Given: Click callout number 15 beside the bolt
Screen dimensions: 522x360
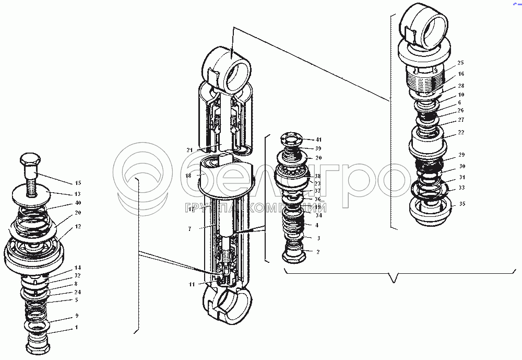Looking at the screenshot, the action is tap(78, 183).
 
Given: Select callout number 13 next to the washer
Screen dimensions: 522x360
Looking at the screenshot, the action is tap(78, 193).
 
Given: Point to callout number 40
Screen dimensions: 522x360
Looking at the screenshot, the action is tap(78, 203).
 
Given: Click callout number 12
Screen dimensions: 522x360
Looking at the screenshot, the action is tap(78, 226).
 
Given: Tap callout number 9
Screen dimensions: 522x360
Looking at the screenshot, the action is tap(77, 316).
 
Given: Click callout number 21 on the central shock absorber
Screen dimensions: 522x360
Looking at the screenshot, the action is tap(189, 150).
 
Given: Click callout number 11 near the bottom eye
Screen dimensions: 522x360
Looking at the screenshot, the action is tap(192, 284).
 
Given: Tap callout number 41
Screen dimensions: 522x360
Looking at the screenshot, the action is tap(318, 140).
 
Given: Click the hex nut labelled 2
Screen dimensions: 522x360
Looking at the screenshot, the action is tap(294, 256).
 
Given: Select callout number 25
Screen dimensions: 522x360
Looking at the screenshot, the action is tap(461, 63).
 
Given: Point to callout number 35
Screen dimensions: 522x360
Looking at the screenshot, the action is tap(461, 204).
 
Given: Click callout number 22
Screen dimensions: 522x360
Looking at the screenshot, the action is tap(461, 132).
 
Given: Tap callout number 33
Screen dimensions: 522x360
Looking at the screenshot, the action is tap(461, 188).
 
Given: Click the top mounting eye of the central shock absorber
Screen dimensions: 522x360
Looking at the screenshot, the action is tap(230, 66).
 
